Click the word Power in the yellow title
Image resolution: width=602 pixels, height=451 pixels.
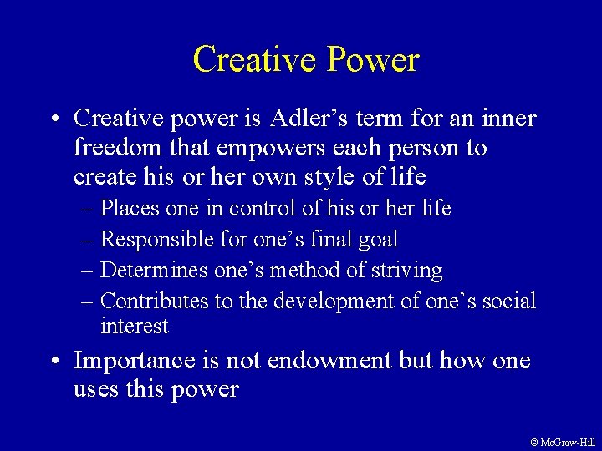click(x=373, y=60)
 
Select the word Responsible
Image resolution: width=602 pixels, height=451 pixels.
click(x=151, y=239)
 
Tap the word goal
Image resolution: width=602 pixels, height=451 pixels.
click(x=375, y=239)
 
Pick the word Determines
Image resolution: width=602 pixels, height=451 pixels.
click(x=154, y=271)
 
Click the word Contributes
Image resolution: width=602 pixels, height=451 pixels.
click(x=154, y=301)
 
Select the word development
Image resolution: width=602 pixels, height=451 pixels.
click(x=342, y=301)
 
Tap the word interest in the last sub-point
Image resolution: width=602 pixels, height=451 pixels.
click(x=135, y=326)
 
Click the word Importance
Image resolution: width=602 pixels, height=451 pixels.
click(x=136, y=361)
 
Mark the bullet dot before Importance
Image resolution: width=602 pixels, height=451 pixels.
click(x=54, y=362)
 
